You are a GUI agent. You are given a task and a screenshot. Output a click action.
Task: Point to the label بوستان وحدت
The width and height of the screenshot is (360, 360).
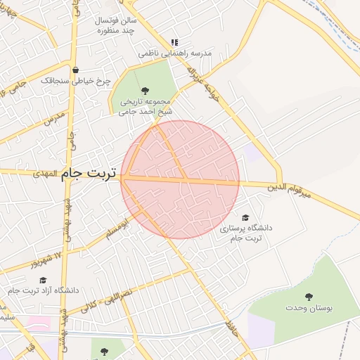(308, 308)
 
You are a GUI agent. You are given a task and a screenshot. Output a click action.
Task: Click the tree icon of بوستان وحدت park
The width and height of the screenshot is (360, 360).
(308, 296)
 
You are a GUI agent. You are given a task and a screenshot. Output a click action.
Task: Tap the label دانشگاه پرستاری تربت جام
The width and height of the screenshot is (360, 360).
(246, 233)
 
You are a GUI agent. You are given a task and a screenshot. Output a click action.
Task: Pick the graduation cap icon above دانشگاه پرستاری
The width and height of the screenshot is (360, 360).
(245, 218)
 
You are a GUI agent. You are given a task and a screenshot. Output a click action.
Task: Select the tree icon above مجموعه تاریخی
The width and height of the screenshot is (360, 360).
(145, 90)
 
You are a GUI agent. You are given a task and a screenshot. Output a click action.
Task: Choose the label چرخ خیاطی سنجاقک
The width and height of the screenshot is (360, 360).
(75, 82)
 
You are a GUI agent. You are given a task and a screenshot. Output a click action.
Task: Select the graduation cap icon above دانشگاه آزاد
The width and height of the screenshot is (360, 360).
(43, 280)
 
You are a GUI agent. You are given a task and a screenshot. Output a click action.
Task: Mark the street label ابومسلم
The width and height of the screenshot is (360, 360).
(117, 231)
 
